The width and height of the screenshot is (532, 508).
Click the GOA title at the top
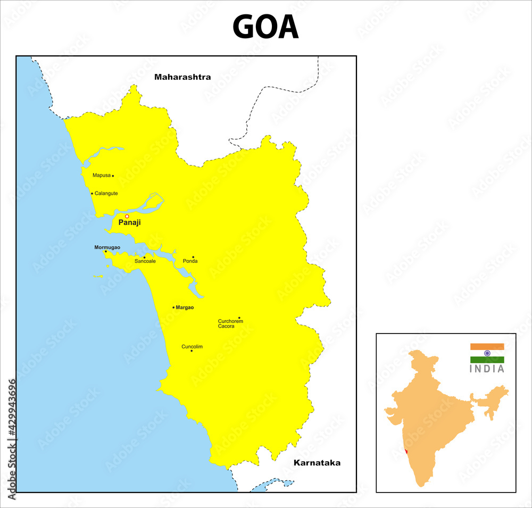[265, 27]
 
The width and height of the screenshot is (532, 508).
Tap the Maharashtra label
[182, 77]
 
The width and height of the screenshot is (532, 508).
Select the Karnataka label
[317, 463]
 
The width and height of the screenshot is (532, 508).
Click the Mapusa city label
[101, 175]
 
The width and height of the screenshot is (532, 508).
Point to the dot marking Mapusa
[113, 176]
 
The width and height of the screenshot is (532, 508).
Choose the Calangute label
[106, 194]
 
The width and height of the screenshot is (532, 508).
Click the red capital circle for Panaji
[127, 216]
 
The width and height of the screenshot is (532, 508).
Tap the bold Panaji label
[130, 223]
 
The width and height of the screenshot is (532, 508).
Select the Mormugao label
[107, 247]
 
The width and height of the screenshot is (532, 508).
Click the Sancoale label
[145, 261]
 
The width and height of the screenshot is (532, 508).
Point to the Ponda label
[190, 261]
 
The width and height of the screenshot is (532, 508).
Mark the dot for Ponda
[193, 257]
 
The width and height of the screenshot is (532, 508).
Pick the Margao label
[185, 307]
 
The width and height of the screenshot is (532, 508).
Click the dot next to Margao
[173, 307]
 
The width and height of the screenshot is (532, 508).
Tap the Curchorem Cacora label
[230, 323]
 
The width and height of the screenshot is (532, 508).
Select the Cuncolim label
[192, 347]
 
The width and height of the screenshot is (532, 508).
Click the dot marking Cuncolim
[192, 351]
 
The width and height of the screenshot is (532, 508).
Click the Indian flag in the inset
[487, 353]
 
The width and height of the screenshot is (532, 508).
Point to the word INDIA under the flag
[487, 369]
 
